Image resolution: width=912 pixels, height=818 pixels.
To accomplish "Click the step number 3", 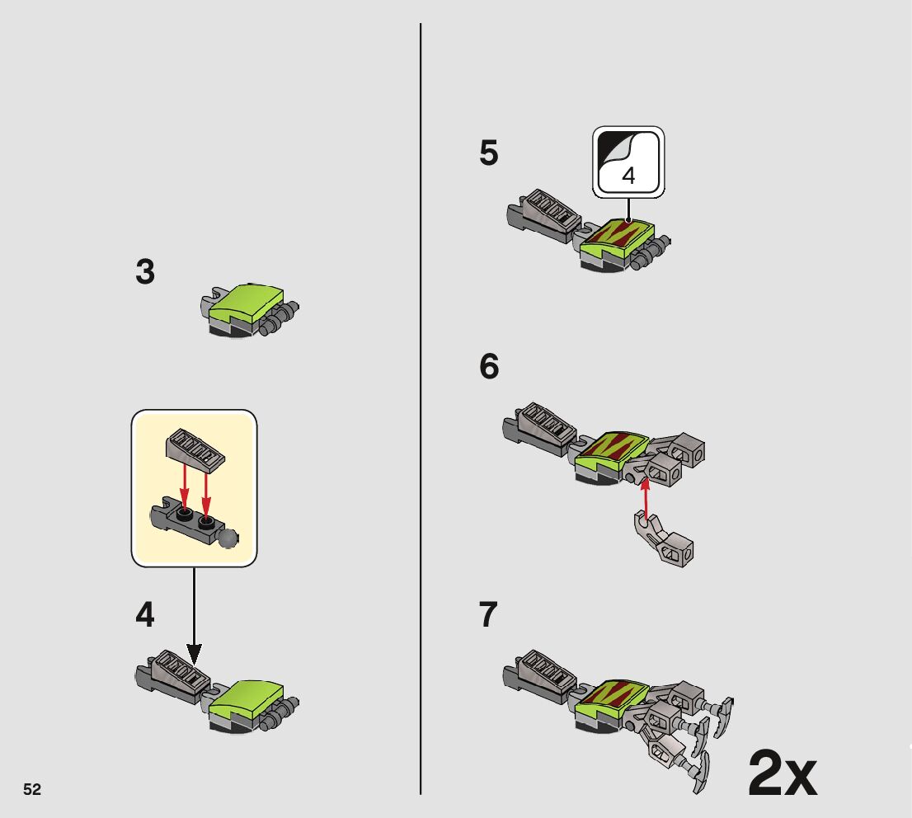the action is [x=145, y=271].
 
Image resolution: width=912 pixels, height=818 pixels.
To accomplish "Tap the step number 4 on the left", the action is [x=145, y=615].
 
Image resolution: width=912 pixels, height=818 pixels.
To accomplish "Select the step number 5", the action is [x=488, y=153].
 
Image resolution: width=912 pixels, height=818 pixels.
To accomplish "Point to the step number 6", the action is [x=489, y=366].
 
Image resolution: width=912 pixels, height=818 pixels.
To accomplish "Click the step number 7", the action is [x=488, y=615].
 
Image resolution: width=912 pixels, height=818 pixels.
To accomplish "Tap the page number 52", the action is [x=32, y=789].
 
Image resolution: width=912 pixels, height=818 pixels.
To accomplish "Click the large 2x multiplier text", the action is [x=783, y=773].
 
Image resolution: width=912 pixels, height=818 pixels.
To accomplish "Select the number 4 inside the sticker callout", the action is [x=628, y=176].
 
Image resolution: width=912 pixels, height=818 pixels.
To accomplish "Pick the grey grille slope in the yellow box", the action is [x=195, y=449].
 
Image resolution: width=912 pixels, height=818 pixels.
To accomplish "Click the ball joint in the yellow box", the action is [x=228, y=538].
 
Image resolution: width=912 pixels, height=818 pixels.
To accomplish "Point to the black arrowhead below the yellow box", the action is [x=195, y=655].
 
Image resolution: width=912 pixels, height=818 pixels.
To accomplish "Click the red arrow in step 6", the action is [x=645, y=499].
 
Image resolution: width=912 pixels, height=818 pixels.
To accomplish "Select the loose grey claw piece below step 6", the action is [x=663, y=539].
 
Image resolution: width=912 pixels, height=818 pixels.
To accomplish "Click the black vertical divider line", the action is [x=421, y=408].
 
